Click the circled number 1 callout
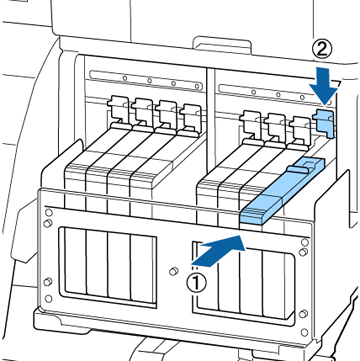(196, 283)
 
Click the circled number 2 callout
(322, 50)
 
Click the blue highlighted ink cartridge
(282, 191)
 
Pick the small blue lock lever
(324, 122)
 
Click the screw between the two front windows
(172, 271)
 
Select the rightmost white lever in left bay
(190, 117)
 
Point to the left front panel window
(107, 266)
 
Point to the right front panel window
(243, 283)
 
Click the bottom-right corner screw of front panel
(304, 332)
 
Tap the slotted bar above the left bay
(146, 80)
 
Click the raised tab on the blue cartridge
(298, 169)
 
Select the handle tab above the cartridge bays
(222, 44)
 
